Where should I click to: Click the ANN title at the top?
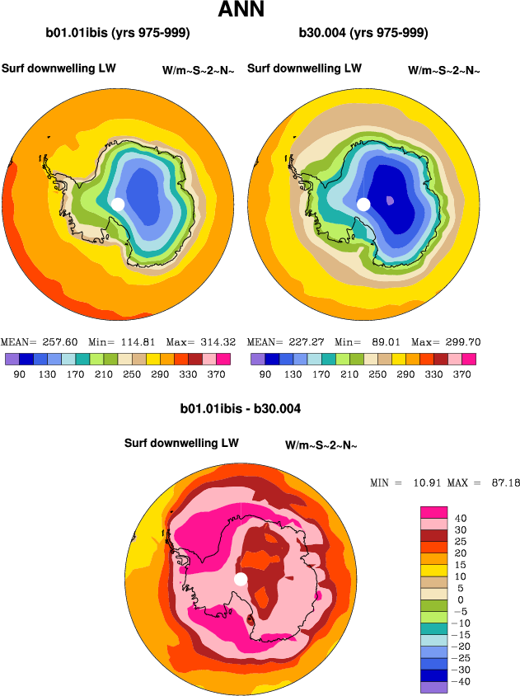click(241, 11)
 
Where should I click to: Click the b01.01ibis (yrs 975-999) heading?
click(118, 34)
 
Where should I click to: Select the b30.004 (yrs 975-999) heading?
click(363, 34)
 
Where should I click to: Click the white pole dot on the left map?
click(117, 204)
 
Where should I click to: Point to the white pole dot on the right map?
click(363, 204)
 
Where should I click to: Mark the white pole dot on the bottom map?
click(240, 580)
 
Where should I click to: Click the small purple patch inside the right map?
click(390, 200)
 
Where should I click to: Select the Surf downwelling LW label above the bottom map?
click(181, 443)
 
